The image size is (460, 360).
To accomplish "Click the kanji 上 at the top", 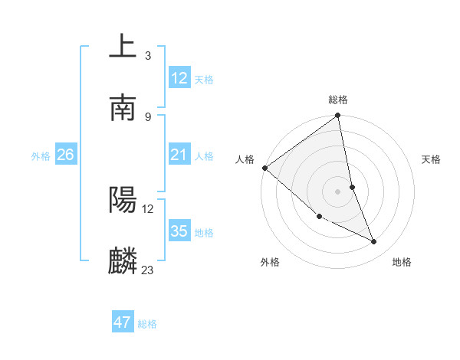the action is pos(123,47).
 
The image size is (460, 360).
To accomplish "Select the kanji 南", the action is pos(123,108).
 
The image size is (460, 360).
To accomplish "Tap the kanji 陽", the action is pos(123,201).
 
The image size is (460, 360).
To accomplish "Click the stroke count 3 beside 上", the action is pos(147,55).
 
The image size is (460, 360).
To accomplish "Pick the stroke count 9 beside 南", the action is pos(147,116).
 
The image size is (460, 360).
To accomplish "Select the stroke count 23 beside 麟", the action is pos(148,270).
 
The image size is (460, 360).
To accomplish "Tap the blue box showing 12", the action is pos(179,77).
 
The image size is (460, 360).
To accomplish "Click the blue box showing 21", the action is pos(179,155).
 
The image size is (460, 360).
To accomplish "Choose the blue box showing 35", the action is pos(179,231).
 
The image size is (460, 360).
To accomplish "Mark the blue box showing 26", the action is pos(65,155).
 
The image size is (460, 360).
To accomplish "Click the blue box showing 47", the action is pos(123,322).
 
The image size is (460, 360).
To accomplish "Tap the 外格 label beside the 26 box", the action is pos(41,156).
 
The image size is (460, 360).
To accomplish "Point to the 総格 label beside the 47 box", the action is pos(147,324).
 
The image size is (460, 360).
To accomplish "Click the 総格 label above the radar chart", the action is pos(338,100).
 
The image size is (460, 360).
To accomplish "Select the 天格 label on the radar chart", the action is pos(432,159).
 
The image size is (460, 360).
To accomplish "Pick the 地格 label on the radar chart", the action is pos(402,262).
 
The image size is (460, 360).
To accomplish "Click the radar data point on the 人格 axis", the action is pos(264,168).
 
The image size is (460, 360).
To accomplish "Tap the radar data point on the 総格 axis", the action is pos(338,116).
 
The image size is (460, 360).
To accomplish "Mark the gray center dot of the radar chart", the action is pos(338,191).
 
